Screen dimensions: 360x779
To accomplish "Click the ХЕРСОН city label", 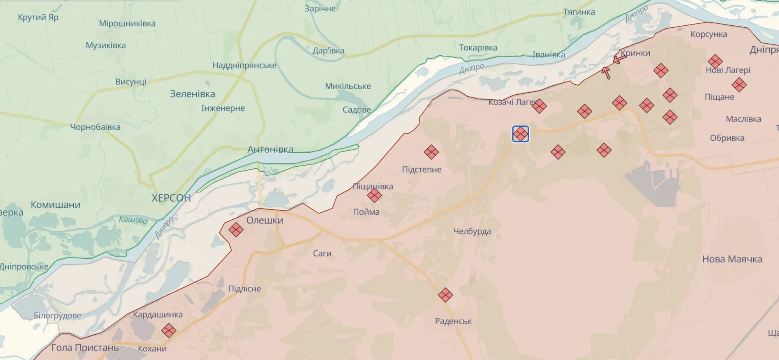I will point(171,198).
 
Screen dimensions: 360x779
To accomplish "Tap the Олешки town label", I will point(265,220).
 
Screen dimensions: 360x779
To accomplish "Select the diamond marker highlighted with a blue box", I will point(520,134).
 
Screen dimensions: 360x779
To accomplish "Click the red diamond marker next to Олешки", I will point(236,229).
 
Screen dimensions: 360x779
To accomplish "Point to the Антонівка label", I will point(270,149).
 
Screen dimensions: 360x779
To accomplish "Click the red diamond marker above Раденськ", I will point(445,295).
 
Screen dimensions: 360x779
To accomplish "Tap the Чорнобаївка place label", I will point(95,127).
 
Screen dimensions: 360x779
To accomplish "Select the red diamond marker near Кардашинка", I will point(169,331).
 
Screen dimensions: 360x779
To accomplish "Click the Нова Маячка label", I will point(732,259).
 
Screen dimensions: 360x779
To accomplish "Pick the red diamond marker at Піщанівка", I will point(374,195).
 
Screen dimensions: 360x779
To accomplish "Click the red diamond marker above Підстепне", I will point(431,152).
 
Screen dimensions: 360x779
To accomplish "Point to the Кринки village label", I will point(635,53).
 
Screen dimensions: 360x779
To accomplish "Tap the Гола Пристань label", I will point(85,348).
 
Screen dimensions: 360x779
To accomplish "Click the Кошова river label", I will point(133,219).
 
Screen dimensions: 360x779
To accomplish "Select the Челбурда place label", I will point(472,231).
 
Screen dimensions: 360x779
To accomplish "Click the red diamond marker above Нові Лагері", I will point(715,61).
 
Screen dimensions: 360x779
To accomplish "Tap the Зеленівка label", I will point(192,94).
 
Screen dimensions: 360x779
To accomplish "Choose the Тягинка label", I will point(579,12).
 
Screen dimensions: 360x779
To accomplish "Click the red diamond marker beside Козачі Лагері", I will point(539,106).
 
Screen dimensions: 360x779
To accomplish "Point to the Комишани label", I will point(56,205).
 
